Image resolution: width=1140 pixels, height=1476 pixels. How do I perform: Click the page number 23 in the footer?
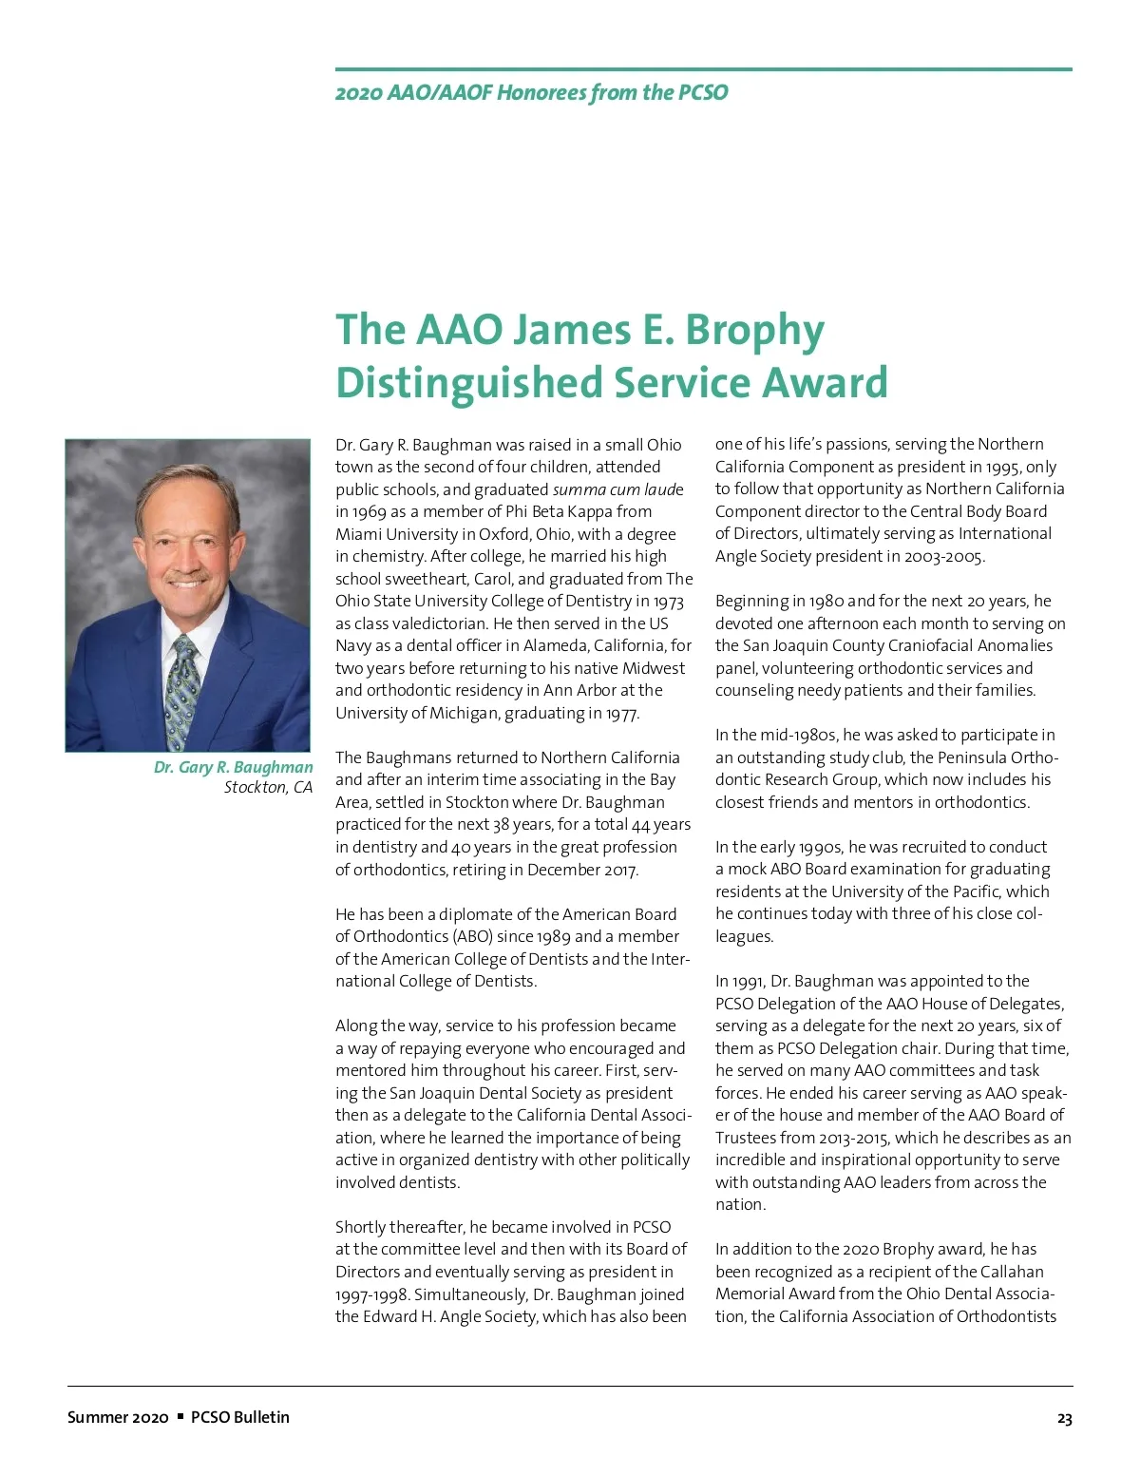point(1064,1419)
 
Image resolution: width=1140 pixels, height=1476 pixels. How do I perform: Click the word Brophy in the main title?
point(754,331)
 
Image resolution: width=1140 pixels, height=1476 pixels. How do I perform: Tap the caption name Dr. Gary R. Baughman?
point(233,767)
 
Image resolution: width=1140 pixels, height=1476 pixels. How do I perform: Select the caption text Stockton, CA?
point(268,787)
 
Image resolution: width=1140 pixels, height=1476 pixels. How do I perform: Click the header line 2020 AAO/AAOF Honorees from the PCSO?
point(531,92)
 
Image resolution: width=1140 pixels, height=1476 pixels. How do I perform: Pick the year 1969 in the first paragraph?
point(370,511)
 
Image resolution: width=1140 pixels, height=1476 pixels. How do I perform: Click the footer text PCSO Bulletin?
point(239,1417)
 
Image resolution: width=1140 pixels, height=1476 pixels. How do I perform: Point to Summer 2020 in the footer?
point(118,1417)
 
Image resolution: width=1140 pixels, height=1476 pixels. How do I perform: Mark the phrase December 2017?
point(581,870)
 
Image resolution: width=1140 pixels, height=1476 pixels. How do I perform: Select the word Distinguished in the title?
point(469,383)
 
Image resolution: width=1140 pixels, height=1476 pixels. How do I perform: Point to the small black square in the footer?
point(180,1417)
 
